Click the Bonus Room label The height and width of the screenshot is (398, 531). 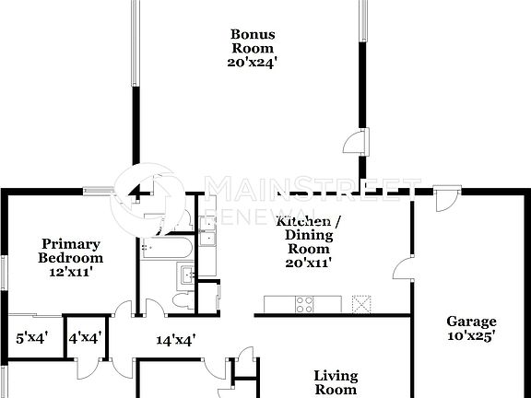pos(252,41)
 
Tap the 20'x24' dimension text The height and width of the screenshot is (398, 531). pos(252,63)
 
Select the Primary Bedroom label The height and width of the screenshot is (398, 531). pos(70,251)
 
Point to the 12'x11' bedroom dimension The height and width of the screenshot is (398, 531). pos(70,272)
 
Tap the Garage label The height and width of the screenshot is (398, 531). pos(471,322)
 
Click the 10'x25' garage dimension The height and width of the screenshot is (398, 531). pos(471,336)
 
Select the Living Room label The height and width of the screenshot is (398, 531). pos(336,382)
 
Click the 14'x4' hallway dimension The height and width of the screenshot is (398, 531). pos(175,340)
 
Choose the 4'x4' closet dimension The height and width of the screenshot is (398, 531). pos(86,337)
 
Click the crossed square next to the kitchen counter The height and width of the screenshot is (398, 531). pos(362,303)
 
